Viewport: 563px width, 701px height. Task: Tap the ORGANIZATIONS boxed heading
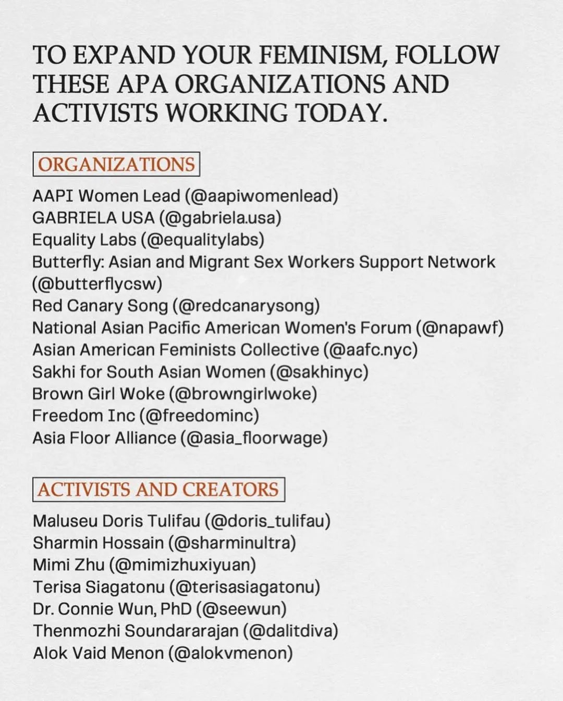coord(116,164)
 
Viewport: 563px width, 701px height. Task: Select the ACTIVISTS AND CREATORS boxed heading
coord(158,490)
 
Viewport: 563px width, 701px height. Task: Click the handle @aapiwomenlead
coord(261,196)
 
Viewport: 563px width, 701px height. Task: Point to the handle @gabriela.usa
coord(221,218)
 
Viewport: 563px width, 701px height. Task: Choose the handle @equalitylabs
coord(202,240)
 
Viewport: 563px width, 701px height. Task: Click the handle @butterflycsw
coord(97,283)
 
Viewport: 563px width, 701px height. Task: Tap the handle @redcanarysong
coord(246,306)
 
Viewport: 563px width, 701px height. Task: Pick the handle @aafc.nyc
coord(370,349)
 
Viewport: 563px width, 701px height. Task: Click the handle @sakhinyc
coord(319,372)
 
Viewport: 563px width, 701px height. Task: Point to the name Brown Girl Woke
coord(98,394)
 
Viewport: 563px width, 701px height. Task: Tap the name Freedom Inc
coord(83,416)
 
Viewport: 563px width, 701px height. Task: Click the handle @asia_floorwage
coord(254,438)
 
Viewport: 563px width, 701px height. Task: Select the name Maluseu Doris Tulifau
coord(116,521)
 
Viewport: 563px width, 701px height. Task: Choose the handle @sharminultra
coord(232,543)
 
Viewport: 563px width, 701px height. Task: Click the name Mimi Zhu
coord(69,565)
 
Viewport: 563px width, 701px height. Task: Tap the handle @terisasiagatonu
coord(244,587)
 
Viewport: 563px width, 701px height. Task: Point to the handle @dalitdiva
coord(290,631)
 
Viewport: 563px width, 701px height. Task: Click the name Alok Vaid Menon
coord(98,653)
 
